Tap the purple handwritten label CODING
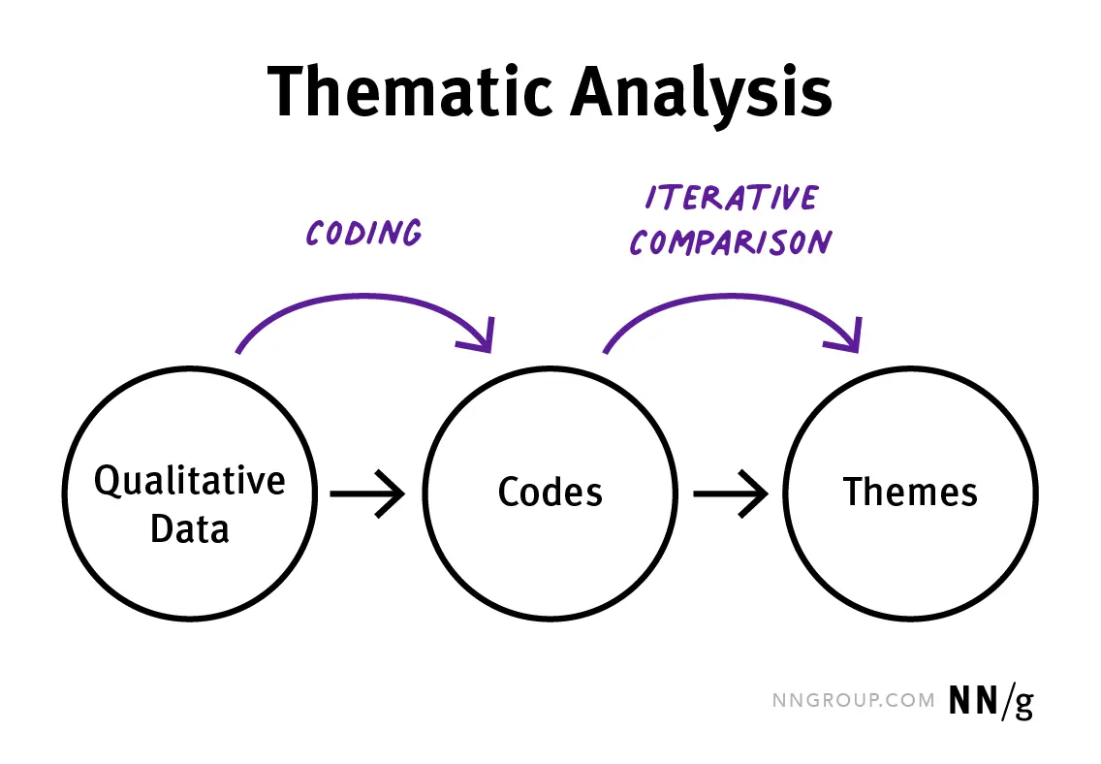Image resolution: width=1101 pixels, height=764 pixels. [364, 234]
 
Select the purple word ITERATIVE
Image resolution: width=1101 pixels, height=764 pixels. [732, 198]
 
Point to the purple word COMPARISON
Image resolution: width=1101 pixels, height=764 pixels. [730, 240]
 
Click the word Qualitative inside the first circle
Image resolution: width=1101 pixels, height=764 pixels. [190, 480]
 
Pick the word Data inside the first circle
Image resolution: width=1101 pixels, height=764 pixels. [190, 529]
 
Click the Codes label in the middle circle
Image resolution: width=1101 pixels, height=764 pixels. [550, 493]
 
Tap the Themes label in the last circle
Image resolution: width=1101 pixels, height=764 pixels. [910, 493]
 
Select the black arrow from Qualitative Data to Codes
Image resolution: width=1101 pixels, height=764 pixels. [368, 494]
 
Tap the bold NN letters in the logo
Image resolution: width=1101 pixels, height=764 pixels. [974, 700]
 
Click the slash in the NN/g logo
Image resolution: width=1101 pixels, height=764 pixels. [1005, 700]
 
